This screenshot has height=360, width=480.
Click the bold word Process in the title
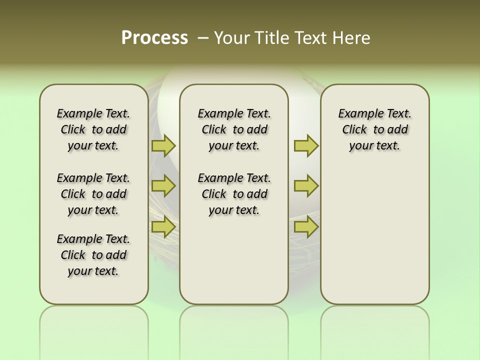pyautogui.click(x=154, y=37)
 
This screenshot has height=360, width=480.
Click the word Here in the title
pyautogui.click(x=351, y=38)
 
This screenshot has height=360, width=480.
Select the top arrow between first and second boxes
pyautogui.click(x=163, y=146)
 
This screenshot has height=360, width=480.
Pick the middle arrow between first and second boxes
pyautogui.click(x=163, y=186)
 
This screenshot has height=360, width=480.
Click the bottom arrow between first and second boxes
pyautogui.click(x=163, y=227)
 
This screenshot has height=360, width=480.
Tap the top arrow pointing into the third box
pyautogui.click(x=306, y=146)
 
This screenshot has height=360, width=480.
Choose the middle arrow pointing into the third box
pyautogui.click(x=306, y=186)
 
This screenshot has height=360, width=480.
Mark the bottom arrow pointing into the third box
pyautogui.click(x=306, y=227)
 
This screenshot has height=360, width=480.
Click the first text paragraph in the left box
pyautogui.click(x=93, y=129)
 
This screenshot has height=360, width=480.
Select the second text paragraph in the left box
pyautogui.click(x=93, y=194)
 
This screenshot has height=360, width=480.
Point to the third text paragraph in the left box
pyautogui.click(x=93, y=255)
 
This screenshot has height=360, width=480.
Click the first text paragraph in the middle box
pyautogui.click(x=234, y=129)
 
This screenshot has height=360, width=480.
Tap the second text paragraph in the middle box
pyautogui.click(x=234, y=194)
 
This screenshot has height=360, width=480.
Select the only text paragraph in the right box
pyautogui.click(x=374, y=129)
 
